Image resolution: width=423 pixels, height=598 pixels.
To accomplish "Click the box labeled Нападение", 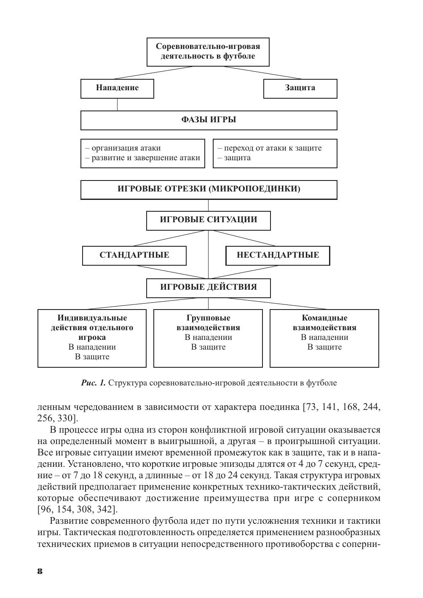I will (x=117, y=88).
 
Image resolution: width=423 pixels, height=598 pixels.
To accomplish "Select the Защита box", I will (x=300, y=88).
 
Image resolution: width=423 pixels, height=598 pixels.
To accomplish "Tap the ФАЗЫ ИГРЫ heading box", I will (x=209, y=120).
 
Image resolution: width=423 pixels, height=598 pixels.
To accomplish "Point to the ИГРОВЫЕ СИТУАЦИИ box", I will (x=208, y=220).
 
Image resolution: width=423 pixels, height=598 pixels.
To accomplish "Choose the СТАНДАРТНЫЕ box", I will (x=134, y=255).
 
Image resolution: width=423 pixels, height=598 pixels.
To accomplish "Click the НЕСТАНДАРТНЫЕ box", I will (x=278, y=255).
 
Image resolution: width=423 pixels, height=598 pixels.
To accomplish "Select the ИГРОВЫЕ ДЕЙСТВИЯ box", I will (x=208, y=288).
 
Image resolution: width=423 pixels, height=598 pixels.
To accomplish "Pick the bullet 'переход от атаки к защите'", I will (x=272, y=148).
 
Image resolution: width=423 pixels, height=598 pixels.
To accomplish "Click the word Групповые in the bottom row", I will (x=208, y=318).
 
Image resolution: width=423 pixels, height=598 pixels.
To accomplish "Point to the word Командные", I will (x=324, y=318).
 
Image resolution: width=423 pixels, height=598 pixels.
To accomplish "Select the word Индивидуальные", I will (x=92, y=318).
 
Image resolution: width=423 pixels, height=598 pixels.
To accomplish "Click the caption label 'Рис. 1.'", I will (x=93, y=383).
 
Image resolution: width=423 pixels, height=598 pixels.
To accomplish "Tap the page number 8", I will (x=40, y=571).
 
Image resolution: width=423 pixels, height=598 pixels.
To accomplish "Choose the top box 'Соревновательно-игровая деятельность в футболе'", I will (x=208, y=52).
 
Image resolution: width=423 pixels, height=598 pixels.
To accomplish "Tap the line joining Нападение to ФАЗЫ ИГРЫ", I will (x=117, y=105).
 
